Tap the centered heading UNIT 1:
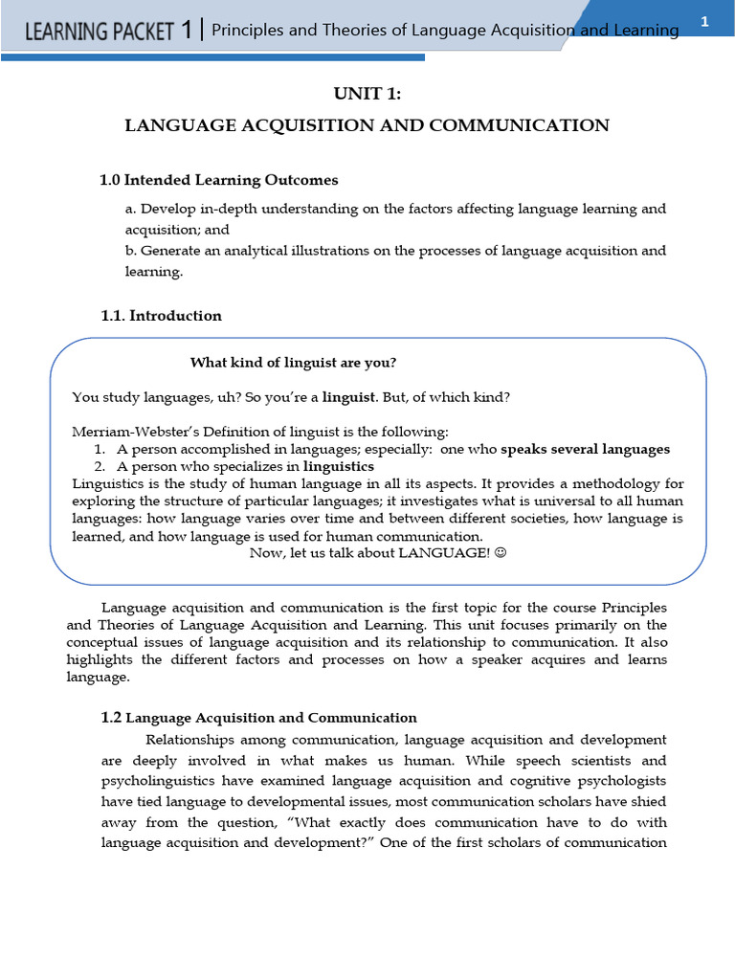coord(367,93)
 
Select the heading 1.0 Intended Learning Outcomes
coord(219,180)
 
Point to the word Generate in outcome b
coord(172,251)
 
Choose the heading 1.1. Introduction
coord(161,316)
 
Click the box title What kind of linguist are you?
coord(293,363)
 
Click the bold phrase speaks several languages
coord(585,449)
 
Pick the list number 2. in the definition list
coord(100,466)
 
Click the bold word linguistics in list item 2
coord(339,466)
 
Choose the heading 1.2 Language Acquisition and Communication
coord(258,718)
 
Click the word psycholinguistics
coord(152,782)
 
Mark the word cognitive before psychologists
coord(529,782)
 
